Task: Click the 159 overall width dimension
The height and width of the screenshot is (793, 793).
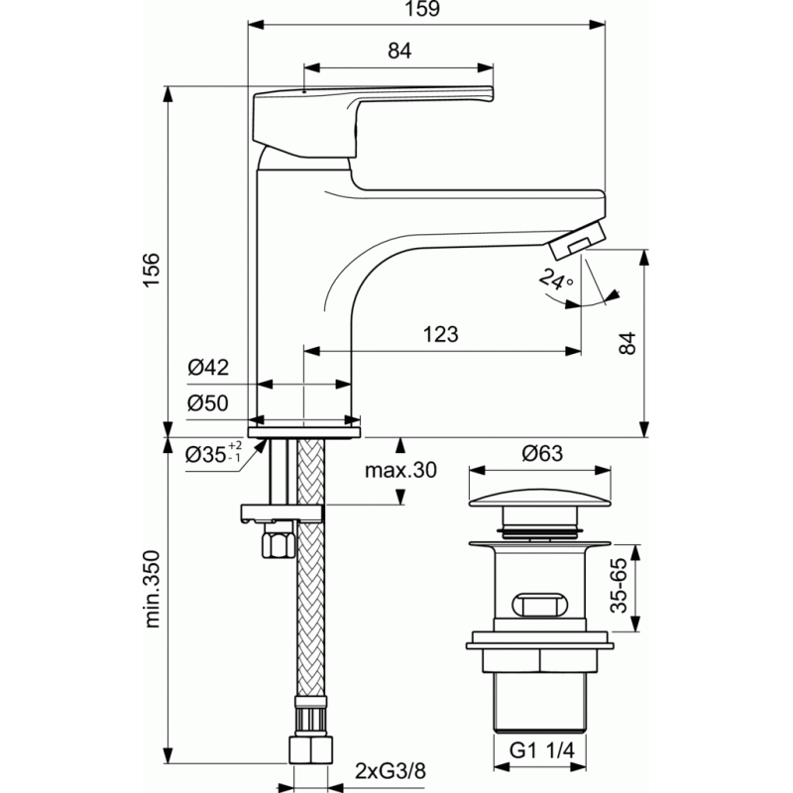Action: click(422, 9)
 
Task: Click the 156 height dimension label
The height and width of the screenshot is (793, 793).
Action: click(152, 270)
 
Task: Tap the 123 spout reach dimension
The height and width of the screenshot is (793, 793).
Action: click(440, 334)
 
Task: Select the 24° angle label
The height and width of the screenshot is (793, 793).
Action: click(555, 280)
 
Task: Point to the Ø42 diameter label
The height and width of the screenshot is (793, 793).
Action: click(208, 367)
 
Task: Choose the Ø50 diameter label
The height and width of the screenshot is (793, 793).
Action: click(208, 403)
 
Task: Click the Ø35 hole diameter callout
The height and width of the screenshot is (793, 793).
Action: click(213, 453)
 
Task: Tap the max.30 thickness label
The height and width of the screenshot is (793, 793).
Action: click(400, 470)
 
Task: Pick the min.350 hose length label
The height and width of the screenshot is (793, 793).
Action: click(152, 589)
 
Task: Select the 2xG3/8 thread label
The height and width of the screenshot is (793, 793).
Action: click(390, 771)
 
